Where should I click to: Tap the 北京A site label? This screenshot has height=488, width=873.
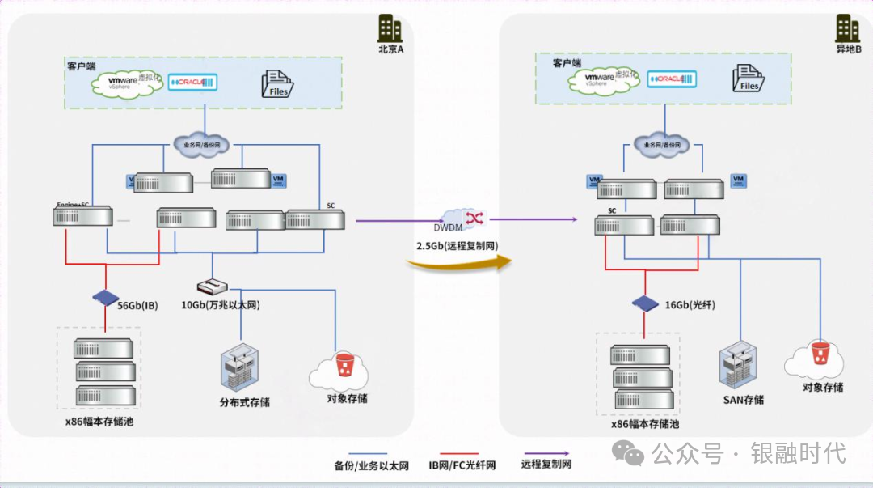[x=390, y=49]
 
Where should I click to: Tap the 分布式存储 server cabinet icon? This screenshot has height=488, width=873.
[x=243, y=369]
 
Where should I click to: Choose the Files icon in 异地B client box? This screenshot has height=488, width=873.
[x=749, y=79]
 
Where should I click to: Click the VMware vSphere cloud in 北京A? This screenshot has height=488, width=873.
[x=128, y=83]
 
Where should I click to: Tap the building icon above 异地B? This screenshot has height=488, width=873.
[x=848, y=28]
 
